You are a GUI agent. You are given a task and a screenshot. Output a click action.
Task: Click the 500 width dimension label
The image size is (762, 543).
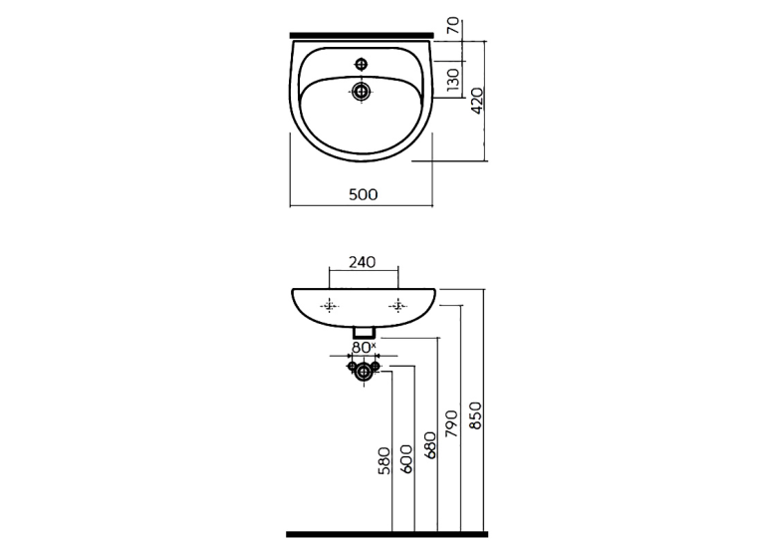363,194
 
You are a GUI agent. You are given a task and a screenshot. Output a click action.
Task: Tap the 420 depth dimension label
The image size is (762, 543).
477,101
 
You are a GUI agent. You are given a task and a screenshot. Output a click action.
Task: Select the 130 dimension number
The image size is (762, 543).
452,80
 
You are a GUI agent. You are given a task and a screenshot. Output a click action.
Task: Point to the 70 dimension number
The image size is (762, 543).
452,25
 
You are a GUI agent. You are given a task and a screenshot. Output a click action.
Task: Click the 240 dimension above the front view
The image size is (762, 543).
363,262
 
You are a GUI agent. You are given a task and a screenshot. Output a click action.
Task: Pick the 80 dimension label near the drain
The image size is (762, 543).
361,347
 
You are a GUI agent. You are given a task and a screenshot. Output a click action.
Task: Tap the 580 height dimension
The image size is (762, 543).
383,461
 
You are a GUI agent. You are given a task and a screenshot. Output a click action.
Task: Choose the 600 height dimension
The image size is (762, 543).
406,459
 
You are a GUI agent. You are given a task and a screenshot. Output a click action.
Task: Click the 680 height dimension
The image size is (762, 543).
430,444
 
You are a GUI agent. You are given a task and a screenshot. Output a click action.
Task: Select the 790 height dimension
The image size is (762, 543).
452,423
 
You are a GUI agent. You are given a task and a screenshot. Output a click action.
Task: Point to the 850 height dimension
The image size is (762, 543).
475,415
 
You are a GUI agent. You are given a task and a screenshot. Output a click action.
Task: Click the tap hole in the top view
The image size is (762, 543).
362,64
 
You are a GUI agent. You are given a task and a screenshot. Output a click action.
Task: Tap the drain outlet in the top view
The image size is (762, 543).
361,92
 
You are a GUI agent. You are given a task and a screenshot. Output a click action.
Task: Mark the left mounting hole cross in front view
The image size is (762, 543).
330,306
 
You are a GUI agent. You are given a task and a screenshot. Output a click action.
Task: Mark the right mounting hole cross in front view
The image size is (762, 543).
397,306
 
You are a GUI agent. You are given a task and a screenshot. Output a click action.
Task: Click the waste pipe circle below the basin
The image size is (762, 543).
364,373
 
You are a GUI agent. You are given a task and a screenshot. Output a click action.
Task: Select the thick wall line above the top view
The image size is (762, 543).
362,35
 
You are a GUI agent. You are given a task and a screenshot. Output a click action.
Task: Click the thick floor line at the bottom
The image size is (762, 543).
386,535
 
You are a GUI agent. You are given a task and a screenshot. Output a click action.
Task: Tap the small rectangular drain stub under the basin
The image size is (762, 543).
364,333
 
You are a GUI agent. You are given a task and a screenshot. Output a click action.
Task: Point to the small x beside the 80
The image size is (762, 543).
374,345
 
